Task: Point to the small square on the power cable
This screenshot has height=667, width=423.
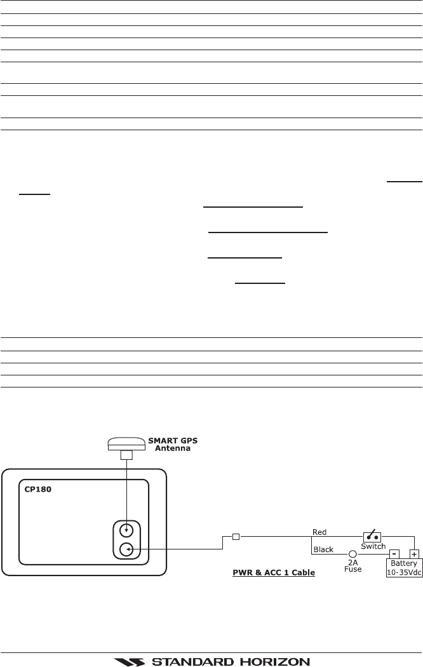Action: [x=236, y=536]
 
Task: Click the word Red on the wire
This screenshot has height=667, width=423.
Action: [x=319, y=530]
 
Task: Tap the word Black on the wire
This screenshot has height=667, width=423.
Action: [x=323, y=549]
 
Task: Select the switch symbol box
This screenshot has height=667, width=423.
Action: [x=373, y=537]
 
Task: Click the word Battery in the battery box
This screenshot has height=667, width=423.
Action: [x=405, y=563]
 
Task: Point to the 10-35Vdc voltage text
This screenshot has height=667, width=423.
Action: [x=405, y=572]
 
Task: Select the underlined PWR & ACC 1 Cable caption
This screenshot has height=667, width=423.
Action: [x=274, y=573]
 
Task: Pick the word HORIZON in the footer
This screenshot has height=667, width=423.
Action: [x=270, y=661]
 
